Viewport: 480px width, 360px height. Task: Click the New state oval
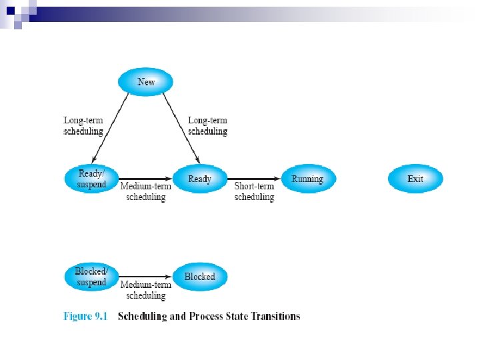pos(145,82)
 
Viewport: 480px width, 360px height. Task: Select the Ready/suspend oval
pos(92,179)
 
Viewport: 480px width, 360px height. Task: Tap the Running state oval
pos(307,179)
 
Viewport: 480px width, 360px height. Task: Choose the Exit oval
pos(415,179)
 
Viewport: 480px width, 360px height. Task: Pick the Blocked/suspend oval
pos(92,277)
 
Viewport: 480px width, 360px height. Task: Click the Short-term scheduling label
pos(254,191)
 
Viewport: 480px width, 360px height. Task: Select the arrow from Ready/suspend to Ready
pos(145,179)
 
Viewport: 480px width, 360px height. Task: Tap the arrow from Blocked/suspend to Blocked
pos(145,277)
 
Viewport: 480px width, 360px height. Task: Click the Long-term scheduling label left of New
pos(83,126)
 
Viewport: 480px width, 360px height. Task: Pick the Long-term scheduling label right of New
pos(207,126)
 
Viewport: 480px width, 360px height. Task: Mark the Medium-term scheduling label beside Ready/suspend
pos(145,191)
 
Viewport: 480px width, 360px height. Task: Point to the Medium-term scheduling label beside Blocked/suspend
pos(145,290)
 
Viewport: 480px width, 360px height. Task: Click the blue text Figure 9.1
pos(85,316)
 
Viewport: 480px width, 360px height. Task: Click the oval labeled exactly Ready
pos(199,179)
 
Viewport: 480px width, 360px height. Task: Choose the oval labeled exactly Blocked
pos(199,277)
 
